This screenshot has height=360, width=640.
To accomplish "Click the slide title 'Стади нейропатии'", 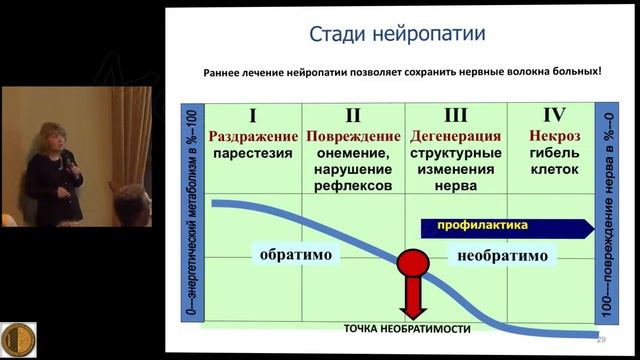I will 399,35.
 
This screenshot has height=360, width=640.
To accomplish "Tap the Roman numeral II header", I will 352,115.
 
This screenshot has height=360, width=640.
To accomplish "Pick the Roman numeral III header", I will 449,115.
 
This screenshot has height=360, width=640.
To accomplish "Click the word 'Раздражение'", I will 254,136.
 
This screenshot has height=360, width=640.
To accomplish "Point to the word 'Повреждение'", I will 352,136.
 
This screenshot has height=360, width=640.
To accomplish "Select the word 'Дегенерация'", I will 449,136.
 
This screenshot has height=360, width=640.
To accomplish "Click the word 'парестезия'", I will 254,154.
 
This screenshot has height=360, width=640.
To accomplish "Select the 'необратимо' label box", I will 502,256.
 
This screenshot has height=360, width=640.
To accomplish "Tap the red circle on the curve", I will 412,265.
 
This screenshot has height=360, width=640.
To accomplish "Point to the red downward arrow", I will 412,301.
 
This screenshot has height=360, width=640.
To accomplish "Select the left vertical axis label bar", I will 192,214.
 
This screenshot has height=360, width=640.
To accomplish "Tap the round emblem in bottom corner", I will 18,338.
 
